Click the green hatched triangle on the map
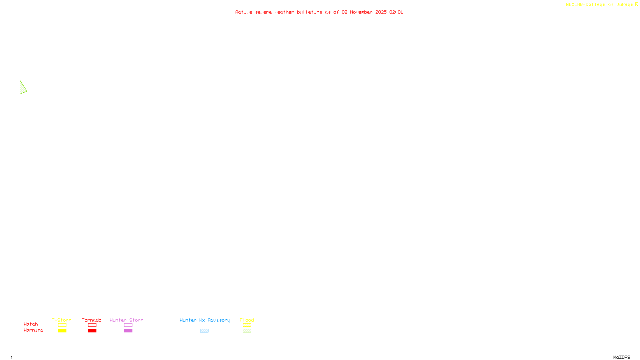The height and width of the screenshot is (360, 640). (x=23, y=88)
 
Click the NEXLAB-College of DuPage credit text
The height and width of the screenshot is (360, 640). (x=599, y=5)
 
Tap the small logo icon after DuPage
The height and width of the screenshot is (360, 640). (x=636, y=4)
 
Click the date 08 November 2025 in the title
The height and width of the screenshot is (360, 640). (x=364, y=12)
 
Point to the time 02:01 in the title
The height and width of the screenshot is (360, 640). (x=396, y=12)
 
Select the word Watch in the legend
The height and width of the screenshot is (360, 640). (x=31, y=324)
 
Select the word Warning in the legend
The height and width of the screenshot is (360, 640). (x=33, y=330)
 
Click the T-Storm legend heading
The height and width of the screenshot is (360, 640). (x=62, y=320)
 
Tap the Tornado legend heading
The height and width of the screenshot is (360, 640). (x=92, y=320)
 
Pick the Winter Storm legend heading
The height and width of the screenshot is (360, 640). (x=126, y=320)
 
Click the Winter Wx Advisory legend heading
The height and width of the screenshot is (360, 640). (x=205, y=320)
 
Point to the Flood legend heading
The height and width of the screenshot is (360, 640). (x=247, y=320)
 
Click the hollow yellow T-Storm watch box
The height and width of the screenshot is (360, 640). (x=62, y=325)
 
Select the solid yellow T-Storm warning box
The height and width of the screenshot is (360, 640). (x=62, y=331)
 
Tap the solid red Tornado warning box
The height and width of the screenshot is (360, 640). (x=92, y=331)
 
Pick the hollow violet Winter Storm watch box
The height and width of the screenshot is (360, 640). (x=128, y=325)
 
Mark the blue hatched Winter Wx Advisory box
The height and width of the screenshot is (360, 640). (x=204, y=331)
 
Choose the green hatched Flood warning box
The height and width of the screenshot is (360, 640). (x=247, y=331)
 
